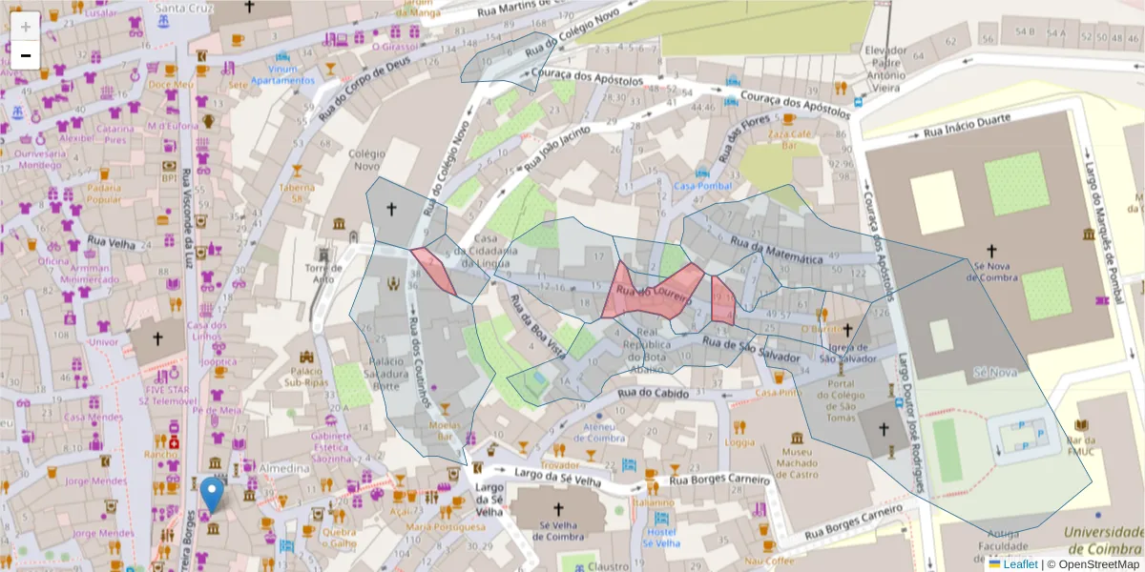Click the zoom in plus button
tap(25, 26)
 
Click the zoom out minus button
tap(25, 55)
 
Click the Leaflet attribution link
tap(1019, 564)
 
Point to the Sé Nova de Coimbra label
tap(992, 272)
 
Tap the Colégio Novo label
tap(367, 159)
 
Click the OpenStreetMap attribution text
tap(1096, 564)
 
